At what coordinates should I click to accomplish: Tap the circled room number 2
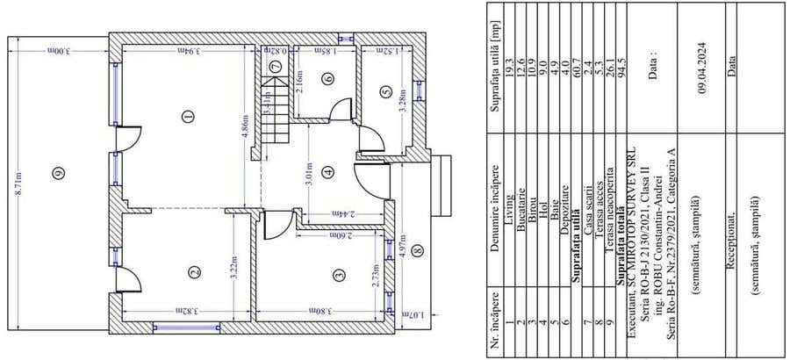pos(192,272)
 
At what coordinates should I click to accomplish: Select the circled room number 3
pos(337,275)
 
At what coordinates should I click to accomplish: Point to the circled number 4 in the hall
pos(327,172)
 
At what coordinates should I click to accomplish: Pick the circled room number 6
pos(327,79)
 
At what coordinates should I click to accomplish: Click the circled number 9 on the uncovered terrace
pos(59,173)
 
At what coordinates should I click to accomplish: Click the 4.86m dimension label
pos(246,130)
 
